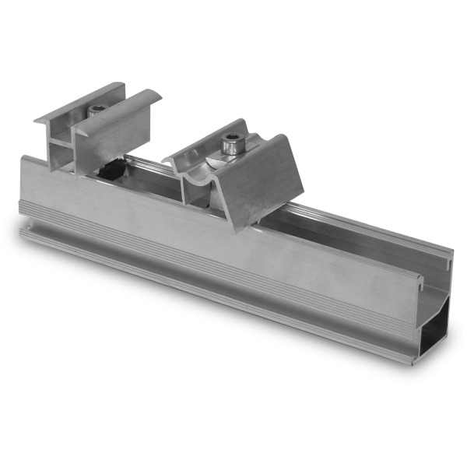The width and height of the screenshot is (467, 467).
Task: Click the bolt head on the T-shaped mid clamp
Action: pos(96,111)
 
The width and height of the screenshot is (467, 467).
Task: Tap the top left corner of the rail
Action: pos(25,160)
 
